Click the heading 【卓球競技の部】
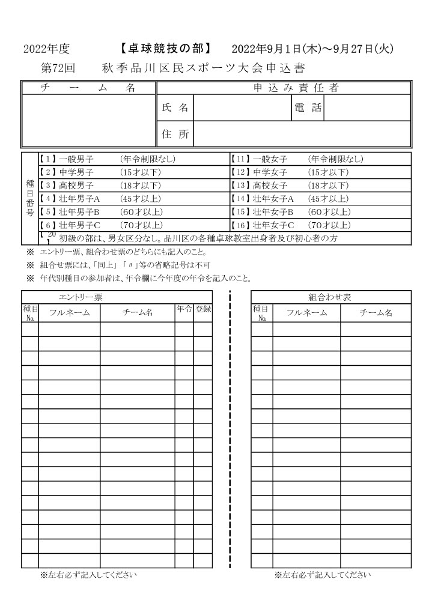pyautogui.click(x=163, y=49)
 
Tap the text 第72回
pyautogui.click(x=56, y=68)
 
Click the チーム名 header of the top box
pyautogui.click(x=88, y=88)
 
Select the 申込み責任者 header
pyautogui.click(x=296, y=88)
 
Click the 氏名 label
pyautogui.click(x=175, y=108)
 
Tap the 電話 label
pyautogui.click(x=308, y=108)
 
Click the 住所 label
pyautogui.click(x=175, y=134)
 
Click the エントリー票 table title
pyautogui.click(x=81, y=297)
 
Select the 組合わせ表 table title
pyautogui.click(x=330, y=297)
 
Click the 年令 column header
pyautogui.click(x=184, y=309)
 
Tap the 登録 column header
pyautogui.click(x=203, y=309)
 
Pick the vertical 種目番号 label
pyautogui.click(x=30, y=198)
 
